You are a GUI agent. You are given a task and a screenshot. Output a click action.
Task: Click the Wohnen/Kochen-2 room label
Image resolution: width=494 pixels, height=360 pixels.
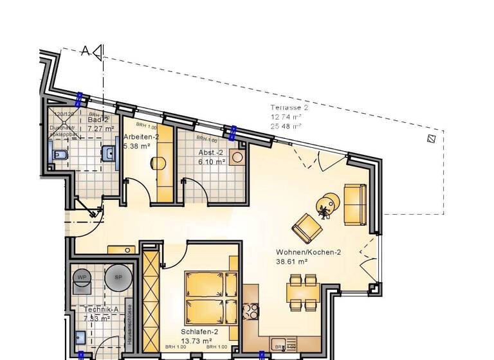tap(308, 252)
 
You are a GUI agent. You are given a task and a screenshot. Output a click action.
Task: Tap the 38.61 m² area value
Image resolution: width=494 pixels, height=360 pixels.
tap(291, 262)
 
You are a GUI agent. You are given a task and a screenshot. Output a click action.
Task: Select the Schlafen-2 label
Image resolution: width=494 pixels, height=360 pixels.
tap(199, 332)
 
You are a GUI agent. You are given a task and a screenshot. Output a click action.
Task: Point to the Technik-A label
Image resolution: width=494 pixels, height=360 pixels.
tap(101, 310)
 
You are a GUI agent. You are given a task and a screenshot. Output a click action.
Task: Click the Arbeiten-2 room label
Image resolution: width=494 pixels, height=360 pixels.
tap(141, 137)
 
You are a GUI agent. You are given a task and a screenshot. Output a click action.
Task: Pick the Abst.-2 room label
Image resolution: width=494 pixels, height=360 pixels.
tap(210, 152)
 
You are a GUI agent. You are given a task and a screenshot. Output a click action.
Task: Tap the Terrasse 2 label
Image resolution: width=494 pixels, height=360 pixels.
tap(289, 108)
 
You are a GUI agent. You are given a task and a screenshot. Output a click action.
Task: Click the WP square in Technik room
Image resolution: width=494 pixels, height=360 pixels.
tap(82, 277)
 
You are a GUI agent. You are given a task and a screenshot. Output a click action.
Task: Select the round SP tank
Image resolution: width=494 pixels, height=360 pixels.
tap(118, 277)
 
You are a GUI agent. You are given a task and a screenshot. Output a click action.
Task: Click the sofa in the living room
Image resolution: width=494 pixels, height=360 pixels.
tap(355, 204)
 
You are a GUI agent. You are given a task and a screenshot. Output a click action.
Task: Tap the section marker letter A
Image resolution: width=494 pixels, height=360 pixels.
tap(85, 51)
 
